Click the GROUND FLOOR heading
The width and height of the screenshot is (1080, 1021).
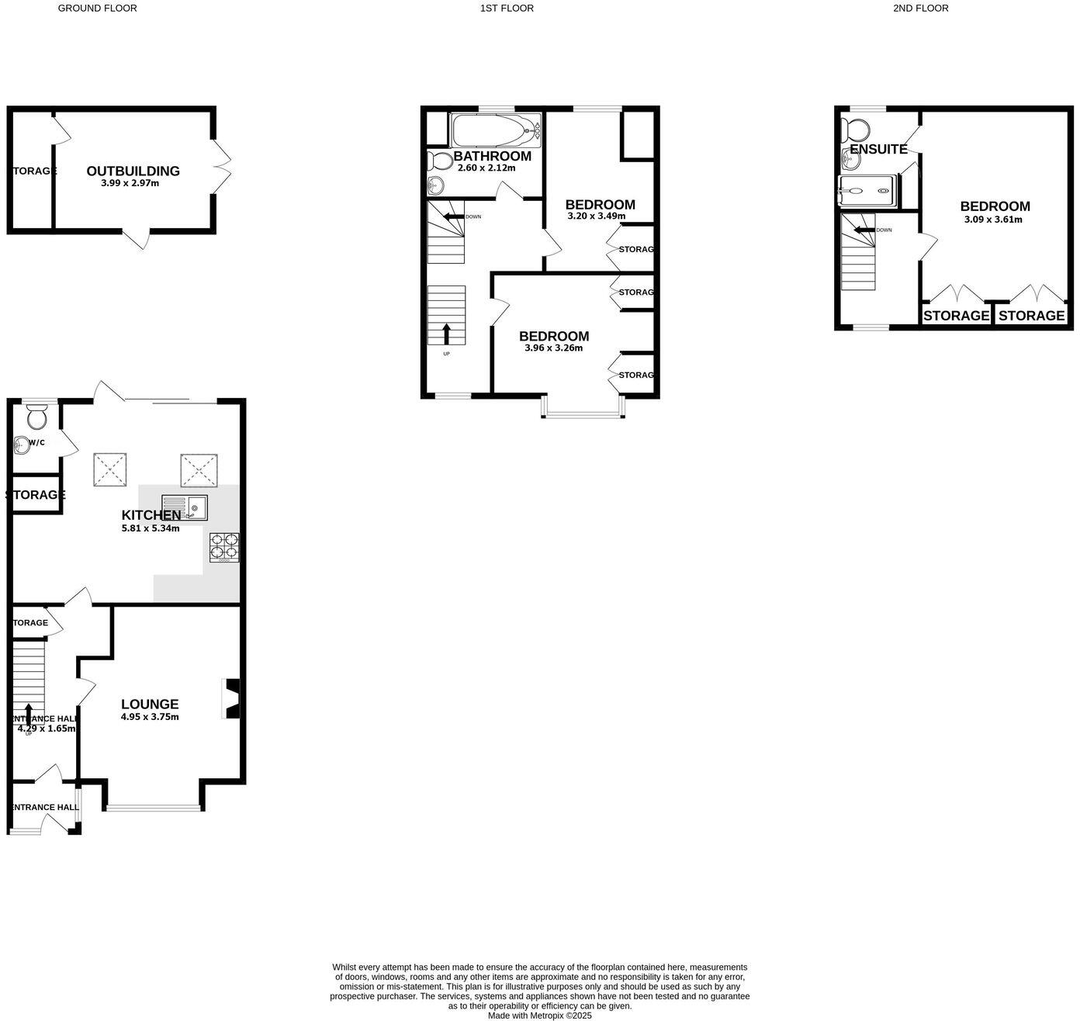[98, 9]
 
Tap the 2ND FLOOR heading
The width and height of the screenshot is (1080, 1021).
[920, 9]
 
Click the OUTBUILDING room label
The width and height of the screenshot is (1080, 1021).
[133, 171]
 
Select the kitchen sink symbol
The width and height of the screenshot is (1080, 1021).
[185, 507]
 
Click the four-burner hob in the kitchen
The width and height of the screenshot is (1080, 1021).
[224, 547]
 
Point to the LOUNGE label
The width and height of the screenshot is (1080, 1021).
[150, 704]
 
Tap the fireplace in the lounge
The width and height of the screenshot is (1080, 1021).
[232, 699]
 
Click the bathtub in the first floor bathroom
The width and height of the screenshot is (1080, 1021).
[495, 130]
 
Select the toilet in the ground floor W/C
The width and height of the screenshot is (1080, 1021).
[36, 419]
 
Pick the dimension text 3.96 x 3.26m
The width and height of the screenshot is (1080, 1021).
[553, 348]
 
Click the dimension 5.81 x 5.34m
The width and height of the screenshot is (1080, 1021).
[151, 528]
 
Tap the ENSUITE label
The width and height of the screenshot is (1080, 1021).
[878, 149]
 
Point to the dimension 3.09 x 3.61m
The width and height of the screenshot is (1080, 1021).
[993, 220]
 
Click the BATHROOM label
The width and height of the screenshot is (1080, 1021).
[493, 156]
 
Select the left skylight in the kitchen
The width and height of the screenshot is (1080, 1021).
[110, 470]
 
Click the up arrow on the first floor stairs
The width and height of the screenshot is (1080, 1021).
[446, 333]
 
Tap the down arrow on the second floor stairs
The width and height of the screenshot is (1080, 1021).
[864, 230]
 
